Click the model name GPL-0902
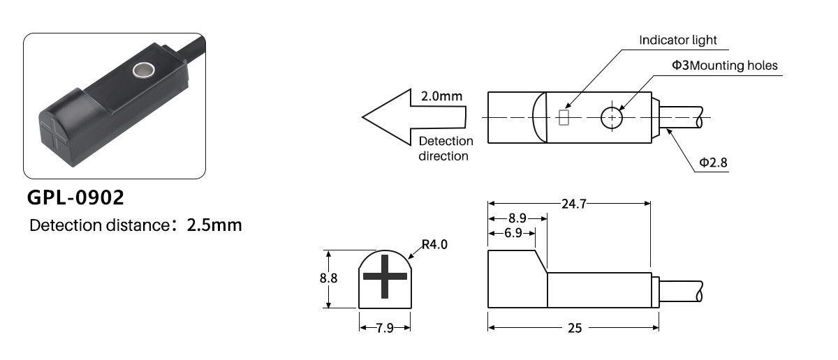(x=75, y=197)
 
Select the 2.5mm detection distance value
(x=214, y=225)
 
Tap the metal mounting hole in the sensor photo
(x=143, y=70)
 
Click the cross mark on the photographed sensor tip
(x=54, y=134)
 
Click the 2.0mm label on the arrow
(x=441, y=96)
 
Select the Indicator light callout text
(x=677, y=40)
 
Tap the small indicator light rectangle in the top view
(x=564, y=117)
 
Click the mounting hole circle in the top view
(x=612, y=118)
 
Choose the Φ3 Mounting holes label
(x=725, y=66)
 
